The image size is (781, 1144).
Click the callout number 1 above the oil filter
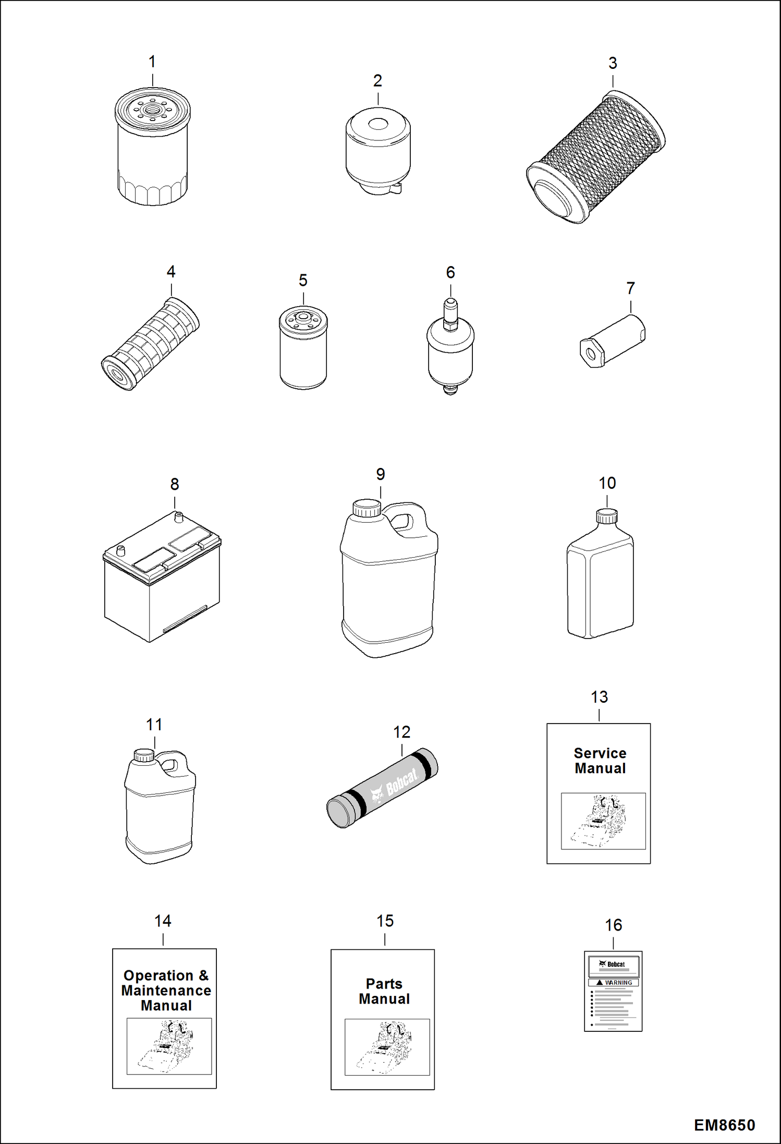pyautogui.click(x=152, y=62)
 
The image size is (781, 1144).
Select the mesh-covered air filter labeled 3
pyautogui.click(x=596, y=156)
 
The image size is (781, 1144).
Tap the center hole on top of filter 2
pyautogui.click(x=378, y=124)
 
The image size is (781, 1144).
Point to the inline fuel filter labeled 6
pyautogui.click(x=450, y=355)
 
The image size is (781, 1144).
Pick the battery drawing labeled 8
pyautogui.click(x=162, y=579)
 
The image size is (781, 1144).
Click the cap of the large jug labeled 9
pyautogui.click(x=367, y=508)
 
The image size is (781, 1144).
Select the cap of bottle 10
pyautogui.click(x=606, y=516)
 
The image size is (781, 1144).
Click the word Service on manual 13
pyautogui.click(x=600, y=753)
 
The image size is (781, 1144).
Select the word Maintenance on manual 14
pyautogui.click(x=166, y=991)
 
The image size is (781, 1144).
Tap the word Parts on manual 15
pyautogui.click(x=384, y=984)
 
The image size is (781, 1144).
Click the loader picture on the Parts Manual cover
pyautogui.click(x=387, y=1047)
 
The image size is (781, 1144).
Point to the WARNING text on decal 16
pyautogui.click(x=618, y=983)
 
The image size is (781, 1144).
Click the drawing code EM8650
pyautogui.click(x=724, y=1125)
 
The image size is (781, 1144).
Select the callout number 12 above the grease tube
pyautogui.click(x=401, y=732)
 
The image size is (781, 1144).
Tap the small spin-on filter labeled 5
pyautogui.click(x=303, y=348)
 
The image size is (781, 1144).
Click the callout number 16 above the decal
pyautogui.click(x=613, y=925)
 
